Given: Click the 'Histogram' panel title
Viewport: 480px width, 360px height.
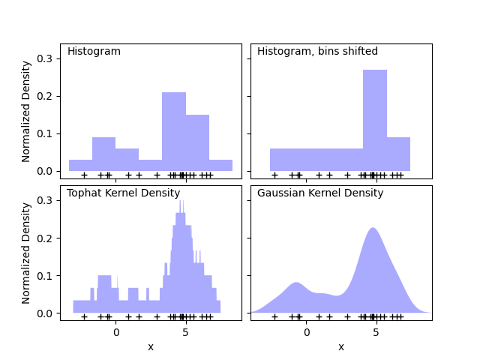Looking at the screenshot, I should click(x=94, y=52).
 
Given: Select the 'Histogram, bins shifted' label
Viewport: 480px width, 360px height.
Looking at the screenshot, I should click(x=317, y=52).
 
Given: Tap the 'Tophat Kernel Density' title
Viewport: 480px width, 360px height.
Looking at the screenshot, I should click(x=123, y=193).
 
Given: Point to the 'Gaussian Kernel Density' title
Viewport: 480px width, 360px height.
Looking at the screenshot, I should click(x=320, y=193).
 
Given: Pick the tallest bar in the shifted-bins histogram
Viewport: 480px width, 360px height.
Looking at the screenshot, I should click(x=375, y=120).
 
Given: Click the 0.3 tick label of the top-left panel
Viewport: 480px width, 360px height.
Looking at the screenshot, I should click(x=46, y=58).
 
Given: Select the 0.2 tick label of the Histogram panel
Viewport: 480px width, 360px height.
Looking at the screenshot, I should click(x=46, y=96).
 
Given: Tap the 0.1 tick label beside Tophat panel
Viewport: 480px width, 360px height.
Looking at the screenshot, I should click(x=46, y=275).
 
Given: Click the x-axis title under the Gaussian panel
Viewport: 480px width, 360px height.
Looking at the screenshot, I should click(x=341, y=346).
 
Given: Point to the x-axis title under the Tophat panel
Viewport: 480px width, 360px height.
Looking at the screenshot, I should click(x=151, y=346).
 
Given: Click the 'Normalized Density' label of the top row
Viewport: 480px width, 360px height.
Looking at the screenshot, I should click(x=26, y=111).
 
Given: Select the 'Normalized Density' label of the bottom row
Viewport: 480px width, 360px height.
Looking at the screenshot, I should click(x=26, y=253).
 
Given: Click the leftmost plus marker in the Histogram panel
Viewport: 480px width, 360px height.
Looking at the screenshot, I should click(x=84, y=175).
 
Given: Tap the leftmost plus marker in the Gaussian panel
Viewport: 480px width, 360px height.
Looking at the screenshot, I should click(x=274, y=316).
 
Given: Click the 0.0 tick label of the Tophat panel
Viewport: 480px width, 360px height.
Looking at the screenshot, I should click(x=46, y=313).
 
